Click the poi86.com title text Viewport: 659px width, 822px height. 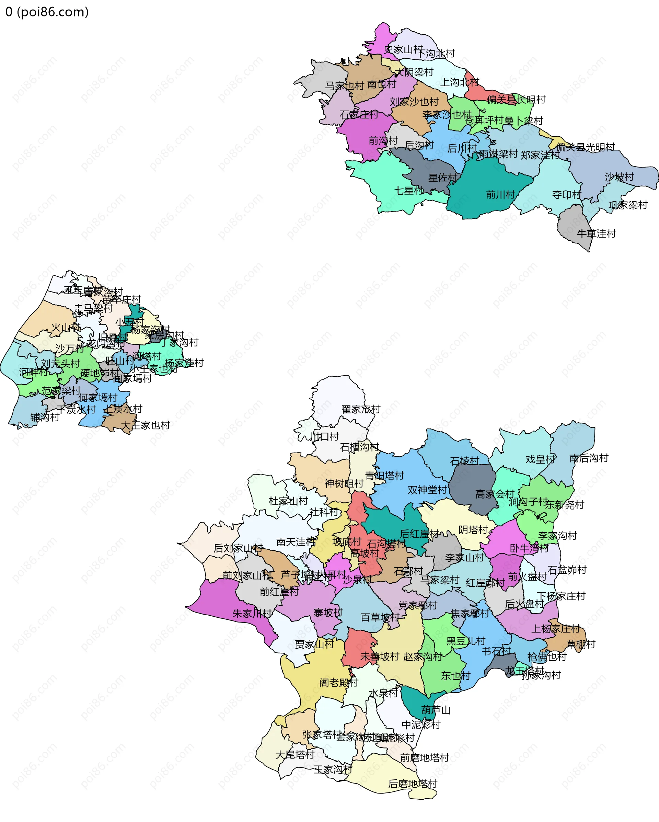tap(47, 12)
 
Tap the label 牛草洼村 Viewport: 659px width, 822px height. tap(596, 233)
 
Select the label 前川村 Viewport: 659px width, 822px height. tap(500, 195)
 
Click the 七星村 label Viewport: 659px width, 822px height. tap(408, 190)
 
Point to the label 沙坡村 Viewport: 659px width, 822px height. tap(619, 177)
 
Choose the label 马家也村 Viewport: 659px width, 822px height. tap(344, 86)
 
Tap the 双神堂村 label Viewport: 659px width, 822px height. tap(427, 490)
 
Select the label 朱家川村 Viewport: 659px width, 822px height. tap(252, 614)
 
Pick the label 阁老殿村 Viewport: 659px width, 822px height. tap(338, 683)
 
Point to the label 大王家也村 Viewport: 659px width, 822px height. tap(145, 425)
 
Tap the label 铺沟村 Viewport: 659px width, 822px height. tap(45, 417)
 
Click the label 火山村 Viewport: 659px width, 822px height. tap(66, 328)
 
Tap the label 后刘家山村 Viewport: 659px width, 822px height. tap(238, 548)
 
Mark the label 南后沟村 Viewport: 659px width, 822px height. tap(589, 458)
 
